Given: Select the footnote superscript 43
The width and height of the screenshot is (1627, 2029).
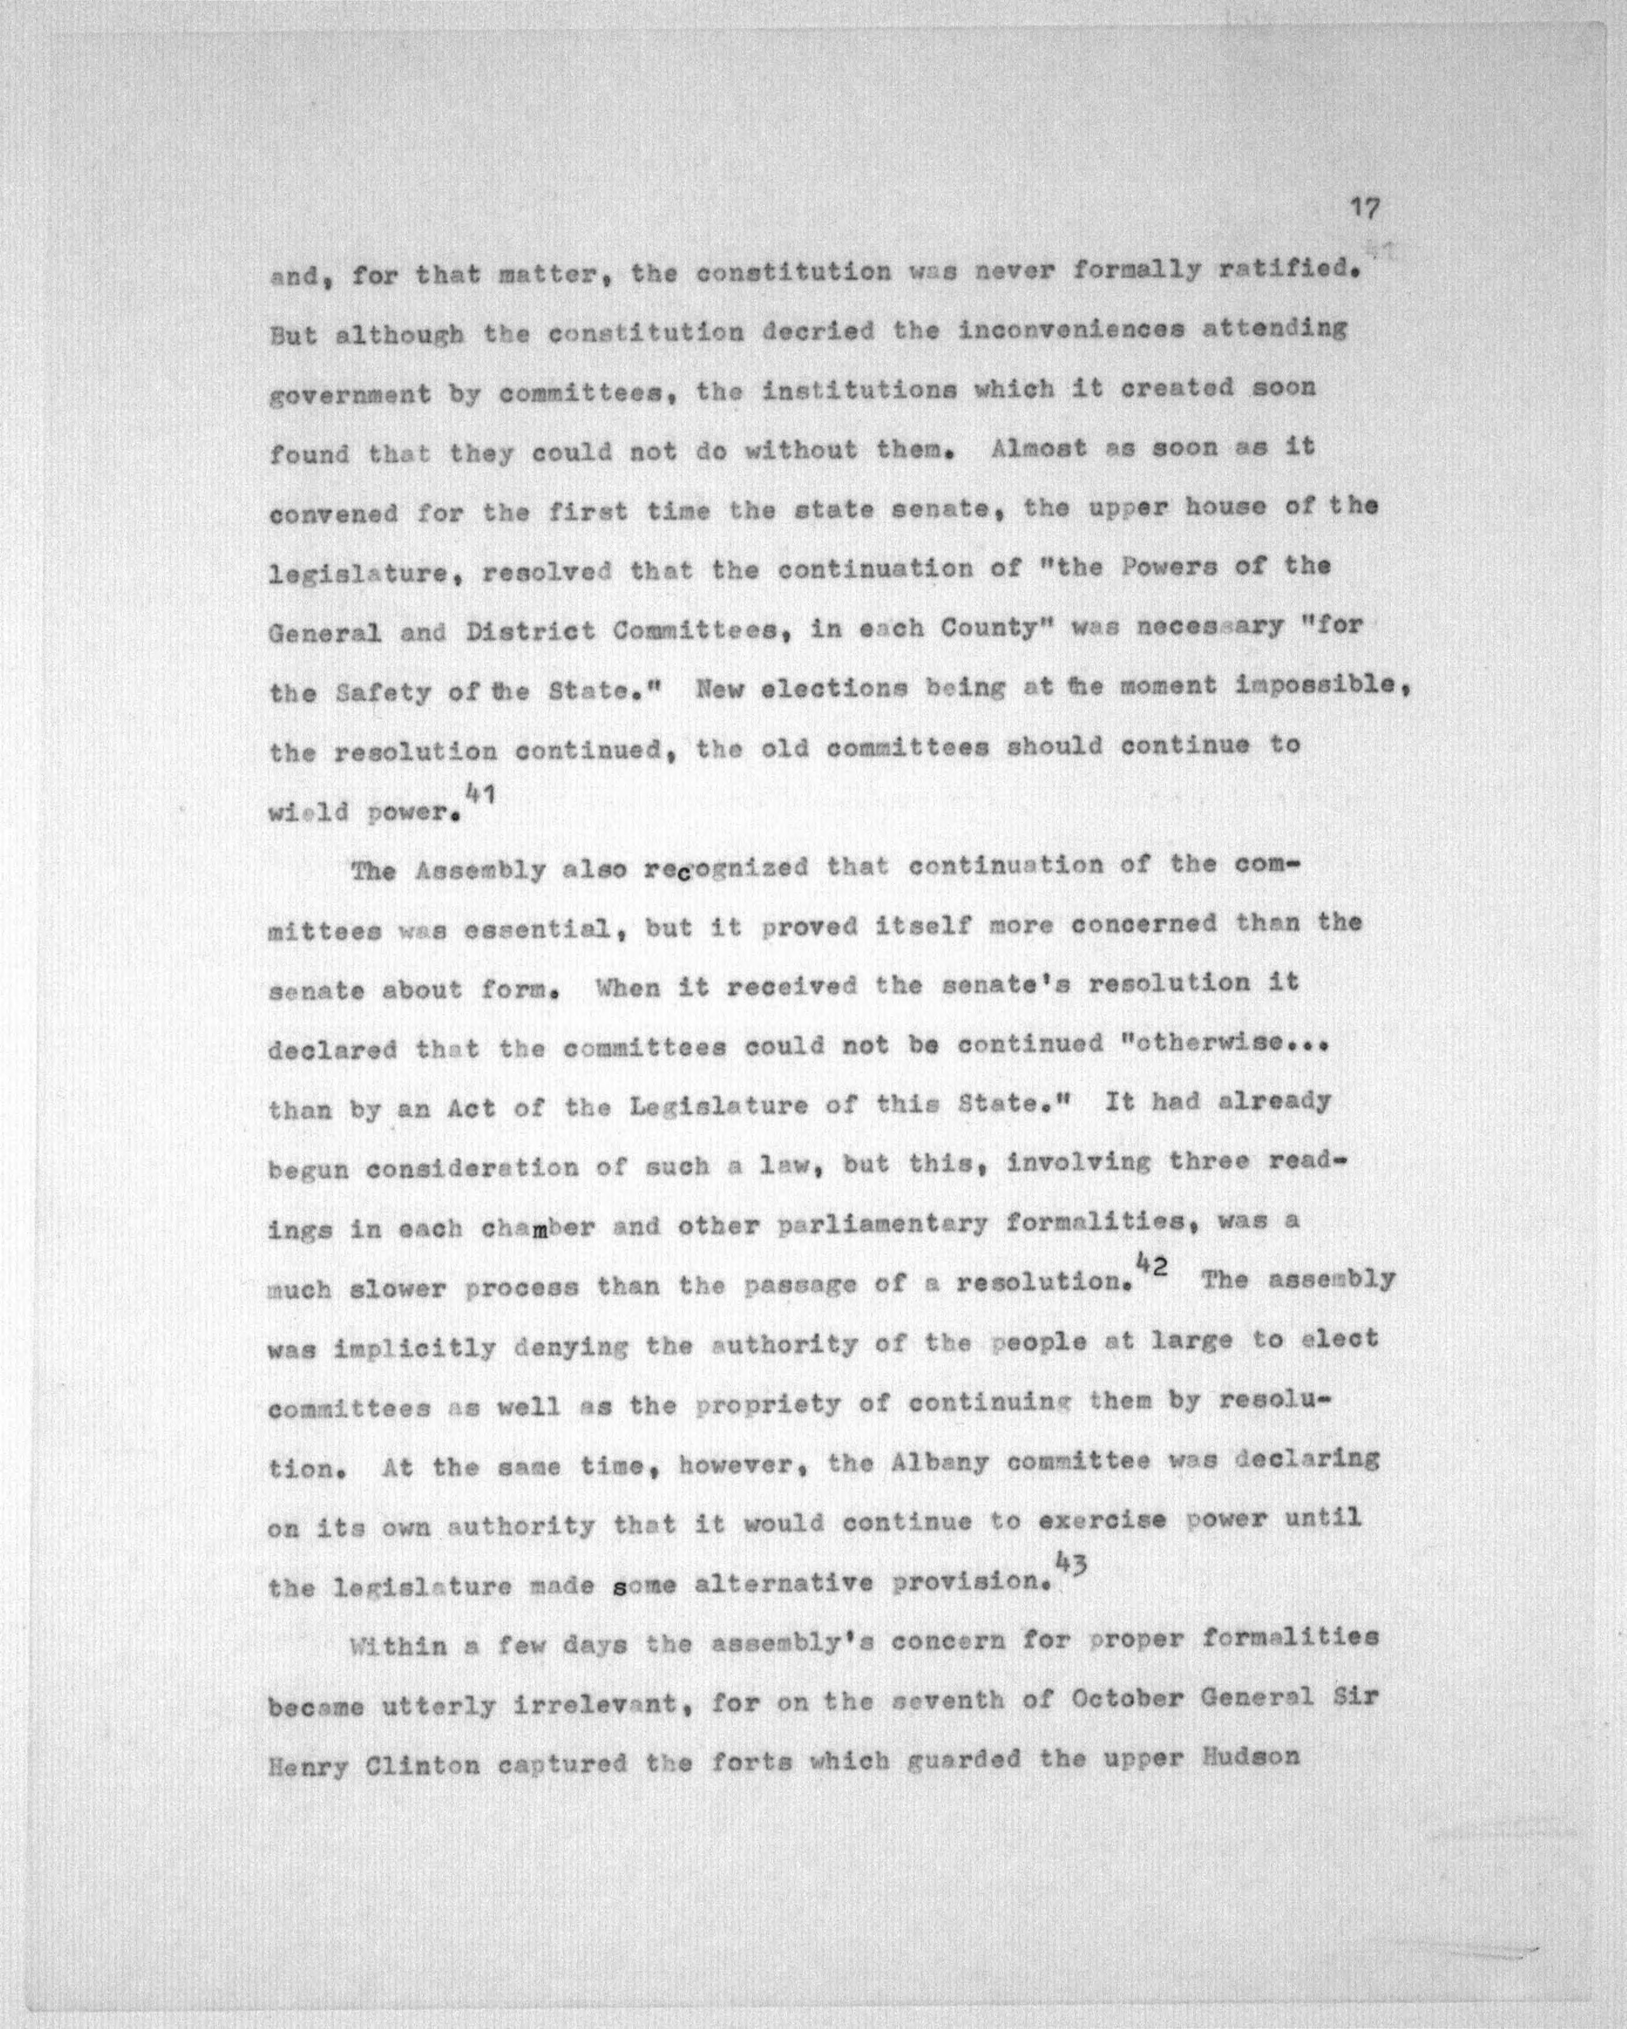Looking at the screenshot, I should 1072,1563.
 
